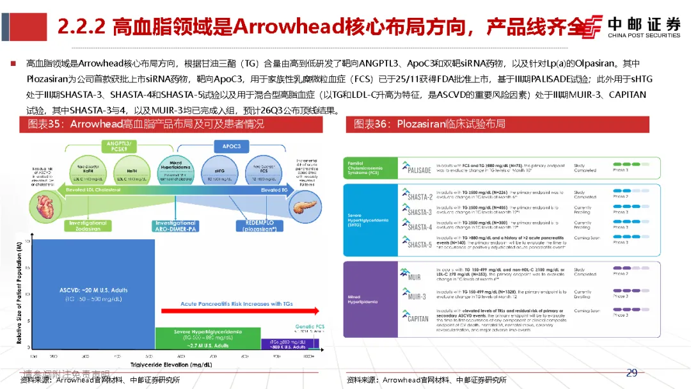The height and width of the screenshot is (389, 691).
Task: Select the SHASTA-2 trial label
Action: click(419, 196)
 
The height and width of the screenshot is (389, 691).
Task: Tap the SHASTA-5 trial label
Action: click(419, 244)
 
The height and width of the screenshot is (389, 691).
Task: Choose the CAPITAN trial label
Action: click(418, 318)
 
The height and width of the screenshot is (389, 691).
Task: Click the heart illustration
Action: click(48, 206)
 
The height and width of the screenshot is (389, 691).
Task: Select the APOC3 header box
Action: click(231, 146)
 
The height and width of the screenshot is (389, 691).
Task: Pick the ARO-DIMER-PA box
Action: click(175, 225)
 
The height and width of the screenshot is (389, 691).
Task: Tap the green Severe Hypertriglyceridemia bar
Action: click(208, 337)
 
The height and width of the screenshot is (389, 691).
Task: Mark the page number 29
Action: click(631, 373)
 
